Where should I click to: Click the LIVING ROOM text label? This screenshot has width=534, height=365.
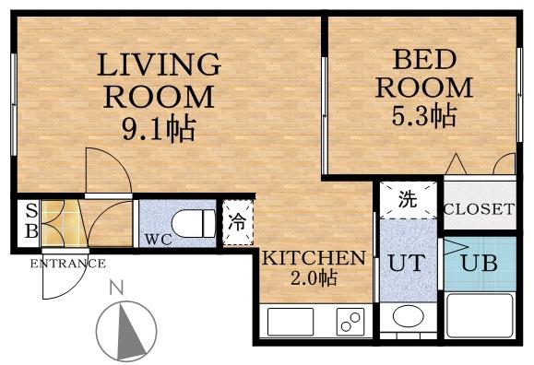pyautogui.click(x=160, y=80)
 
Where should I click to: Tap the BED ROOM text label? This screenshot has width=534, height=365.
pyautogui.click(x=423, y=74)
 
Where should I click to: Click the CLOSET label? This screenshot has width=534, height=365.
pyautogui.click(x=478, y=209)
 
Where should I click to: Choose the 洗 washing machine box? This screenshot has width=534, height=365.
pyautogui.click(x=407, y=200)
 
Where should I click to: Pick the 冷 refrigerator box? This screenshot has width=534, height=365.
pyautogui.click(x=236, y=221)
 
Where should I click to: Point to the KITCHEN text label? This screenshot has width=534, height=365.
pyautogui.click(x=314, y=257)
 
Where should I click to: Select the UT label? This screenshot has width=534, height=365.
pyautogui.click(x=407, y=262)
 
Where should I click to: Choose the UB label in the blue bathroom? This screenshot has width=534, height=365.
pyautogui.click(x=479, y=262)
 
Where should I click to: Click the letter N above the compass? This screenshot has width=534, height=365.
pyautogui.click(x=117, y=288)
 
